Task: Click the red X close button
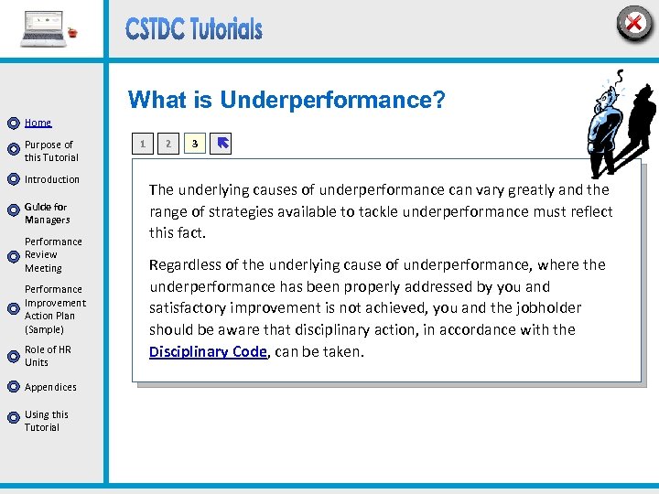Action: [x=633, y=23]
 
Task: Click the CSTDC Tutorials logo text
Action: [x=194, y=29]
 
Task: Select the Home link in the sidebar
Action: [x=38, y=123]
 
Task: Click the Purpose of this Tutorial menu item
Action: [x=50, y=151]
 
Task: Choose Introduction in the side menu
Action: [x=52, y=179]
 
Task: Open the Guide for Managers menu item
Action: [x=47, y=213]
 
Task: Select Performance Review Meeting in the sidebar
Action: [x=53, y=255]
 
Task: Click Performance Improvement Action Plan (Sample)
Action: [x=55, y=309]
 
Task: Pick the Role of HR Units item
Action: [x=48, y=356]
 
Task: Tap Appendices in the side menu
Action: [x=50, y=387]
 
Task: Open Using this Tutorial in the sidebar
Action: [x=46, y=421]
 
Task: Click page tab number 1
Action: [x=142, y=144]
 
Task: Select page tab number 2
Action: [x=167, y=144]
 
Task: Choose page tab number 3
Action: [x=194, y=144]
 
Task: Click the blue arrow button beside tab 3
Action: [x=221, y=144]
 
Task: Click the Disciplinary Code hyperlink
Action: [x=208, y=351]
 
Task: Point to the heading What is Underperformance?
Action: [x=286, y=100]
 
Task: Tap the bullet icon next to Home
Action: [x=13, y=123]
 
